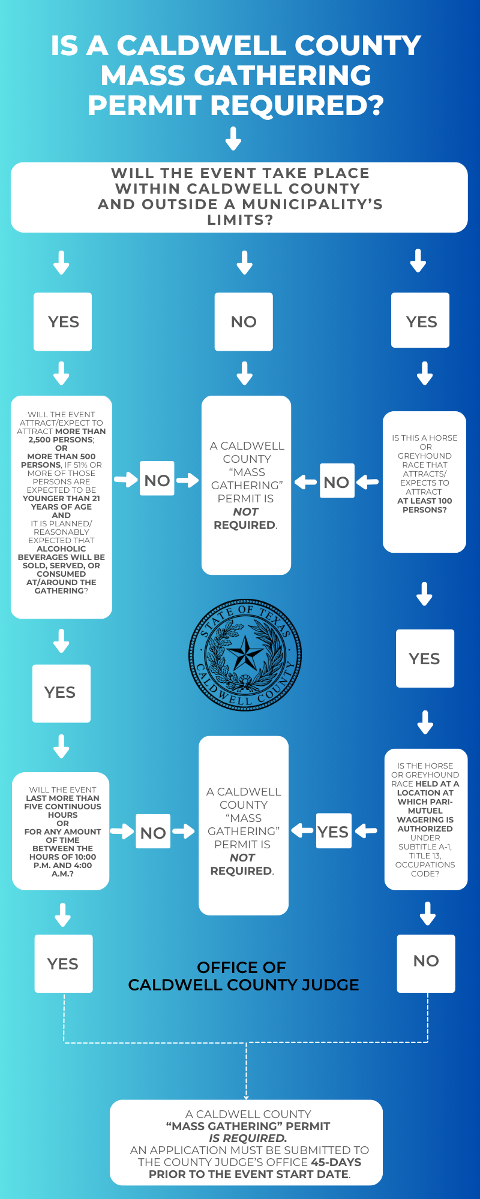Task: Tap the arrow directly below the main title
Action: pos(233,138)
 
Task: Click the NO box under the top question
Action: pos(244,322)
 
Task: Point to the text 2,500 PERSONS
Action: pos(61,439)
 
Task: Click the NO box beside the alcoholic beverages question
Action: pos(157,480)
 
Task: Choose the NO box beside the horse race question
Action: pos(337,482)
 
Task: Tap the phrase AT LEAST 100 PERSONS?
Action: pos(425,505)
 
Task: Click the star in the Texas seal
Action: pos(245,653)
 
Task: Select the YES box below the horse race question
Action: pos(425,659)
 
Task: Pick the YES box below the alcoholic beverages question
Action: pos(61,693)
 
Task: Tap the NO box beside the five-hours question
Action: pos(153,833)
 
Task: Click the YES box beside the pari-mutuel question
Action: pos(333,832)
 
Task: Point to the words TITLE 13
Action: pos(425,855)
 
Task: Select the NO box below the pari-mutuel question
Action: pos(426,961)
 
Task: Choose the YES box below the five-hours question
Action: pos(63,964)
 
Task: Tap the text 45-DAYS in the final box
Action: pos(336,1162)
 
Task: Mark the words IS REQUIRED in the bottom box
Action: pos(247,1138)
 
